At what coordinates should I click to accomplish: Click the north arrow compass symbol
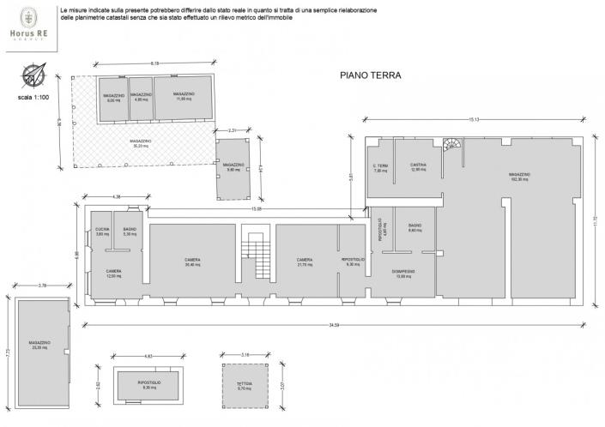point(32,75)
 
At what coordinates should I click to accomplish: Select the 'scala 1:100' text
point(33,98)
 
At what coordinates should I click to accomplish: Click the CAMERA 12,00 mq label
point(112,273)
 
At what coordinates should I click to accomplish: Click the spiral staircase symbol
point(452,145)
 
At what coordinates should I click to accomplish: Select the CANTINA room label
point(419,166)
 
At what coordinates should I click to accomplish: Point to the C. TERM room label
point(381,167)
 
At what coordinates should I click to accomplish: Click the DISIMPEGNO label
point(404,274)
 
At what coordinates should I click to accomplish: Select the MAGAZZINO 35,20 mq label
point(142,143)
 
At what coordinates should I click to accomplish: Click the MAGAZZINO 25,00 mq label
point(39,344)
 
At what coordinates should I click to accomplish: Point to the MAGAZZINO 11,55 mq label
point(183,96)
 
